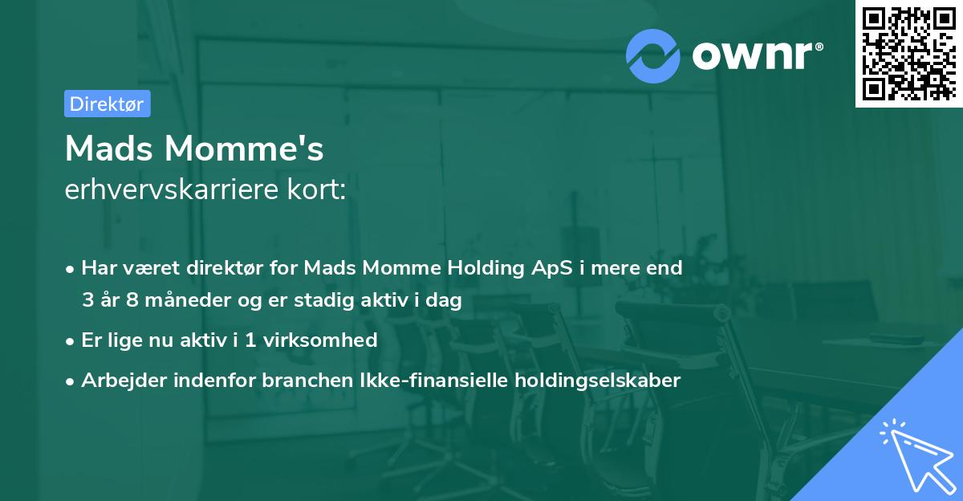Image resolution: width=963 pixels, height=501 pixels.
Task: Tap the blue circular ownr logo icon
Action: (x=653, y=55)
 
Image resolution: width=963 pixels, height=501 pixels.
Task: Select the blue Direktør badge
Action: (x=107, y=104)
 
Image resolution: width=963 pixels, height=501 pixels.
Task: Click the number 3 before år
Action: (x=87, y=300)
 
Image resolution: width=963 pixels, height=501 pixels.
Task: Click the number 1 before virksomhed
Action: (x=250, y=340)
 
